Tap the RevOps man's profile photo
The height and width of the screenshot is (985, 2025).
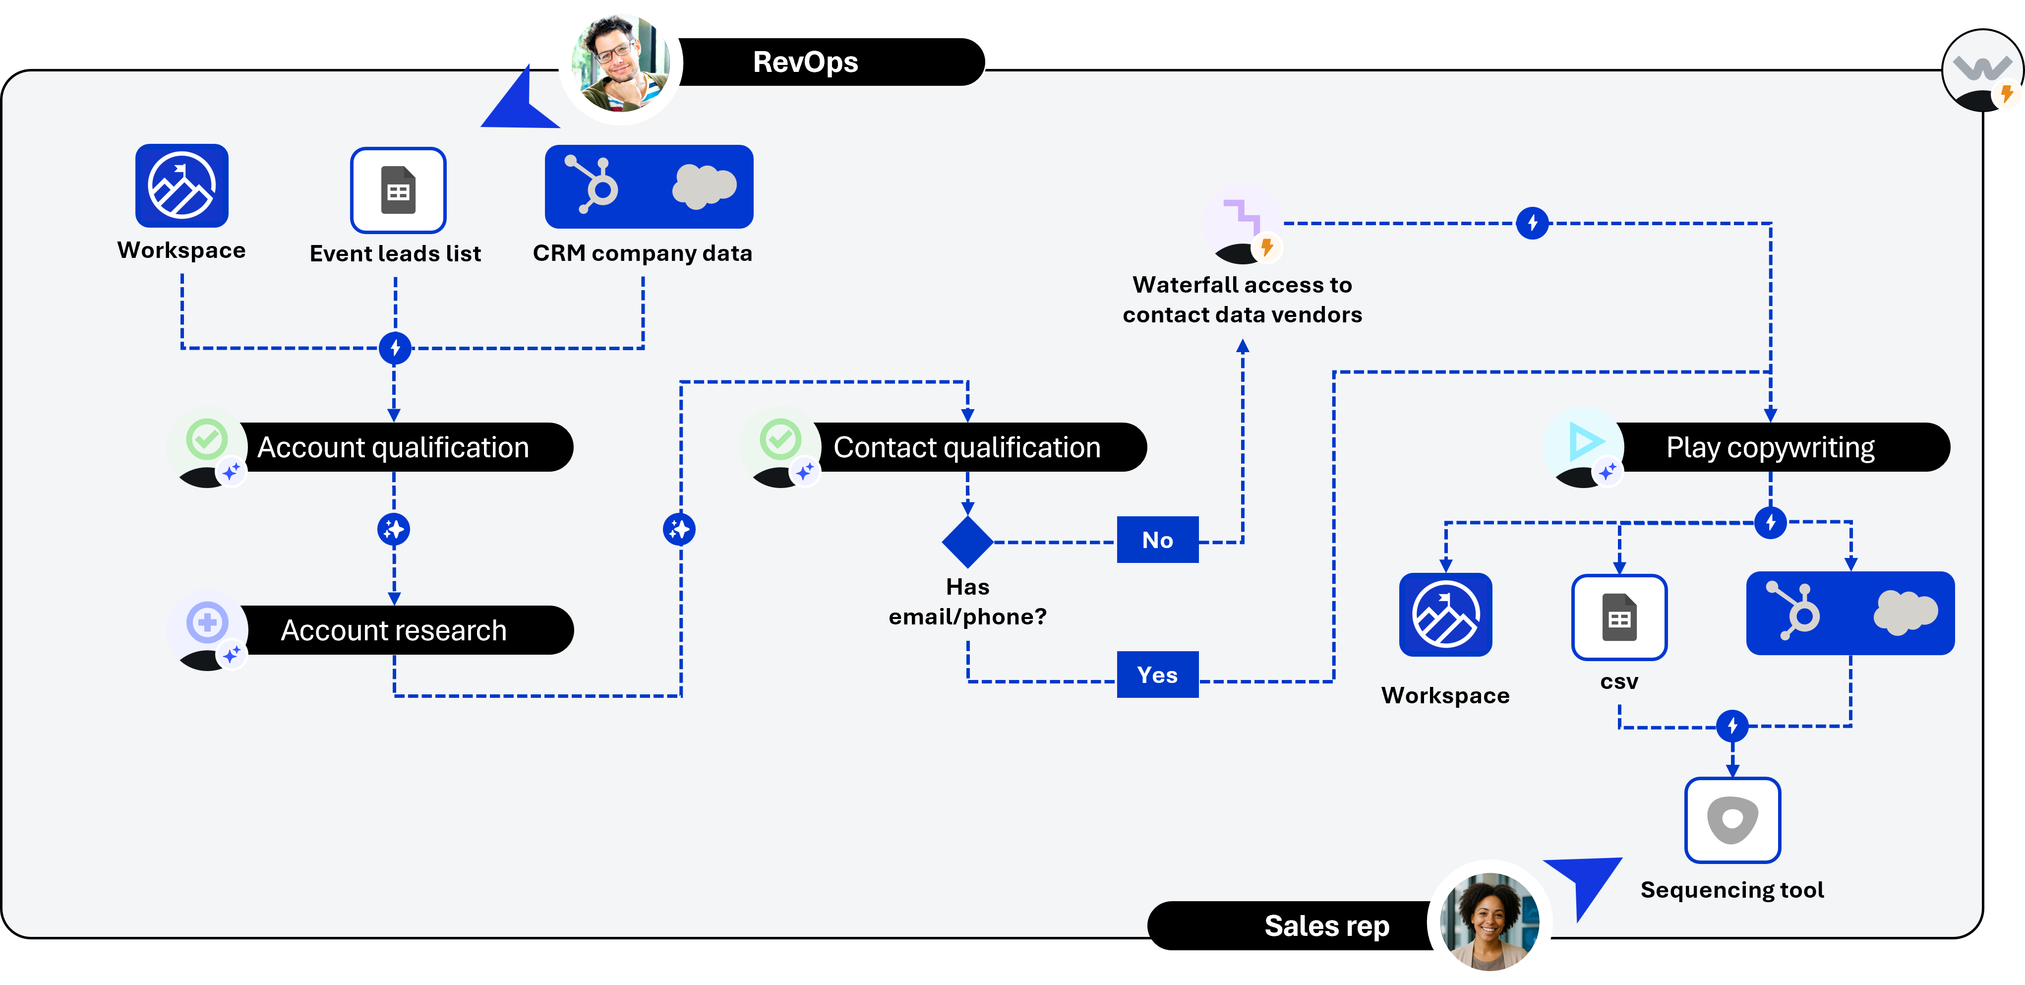621,63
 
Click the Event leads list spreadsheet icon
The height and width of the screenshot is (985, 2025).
398,190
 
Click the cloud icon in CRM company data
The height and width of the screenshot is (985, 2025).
704,187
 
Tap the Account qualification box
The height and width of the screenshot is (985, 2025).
393,447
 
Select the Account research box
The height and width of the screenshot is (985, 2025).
393,630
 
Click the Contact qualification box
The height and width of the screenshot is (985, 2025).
967,447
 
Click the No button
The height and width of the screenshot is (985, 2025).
1157,540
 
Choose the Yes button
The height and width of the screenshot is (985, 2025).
1157,675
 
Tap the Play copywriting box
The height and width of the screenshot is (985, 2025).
1770,447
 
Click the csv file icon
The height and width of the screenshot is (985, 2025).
1618,617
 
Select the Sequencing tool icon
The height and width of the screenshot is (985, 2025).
1732,820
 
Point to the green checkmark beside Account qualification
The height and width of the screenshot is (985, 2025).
207,438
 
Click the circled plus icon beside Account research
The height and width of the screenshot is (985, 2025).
207,622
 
